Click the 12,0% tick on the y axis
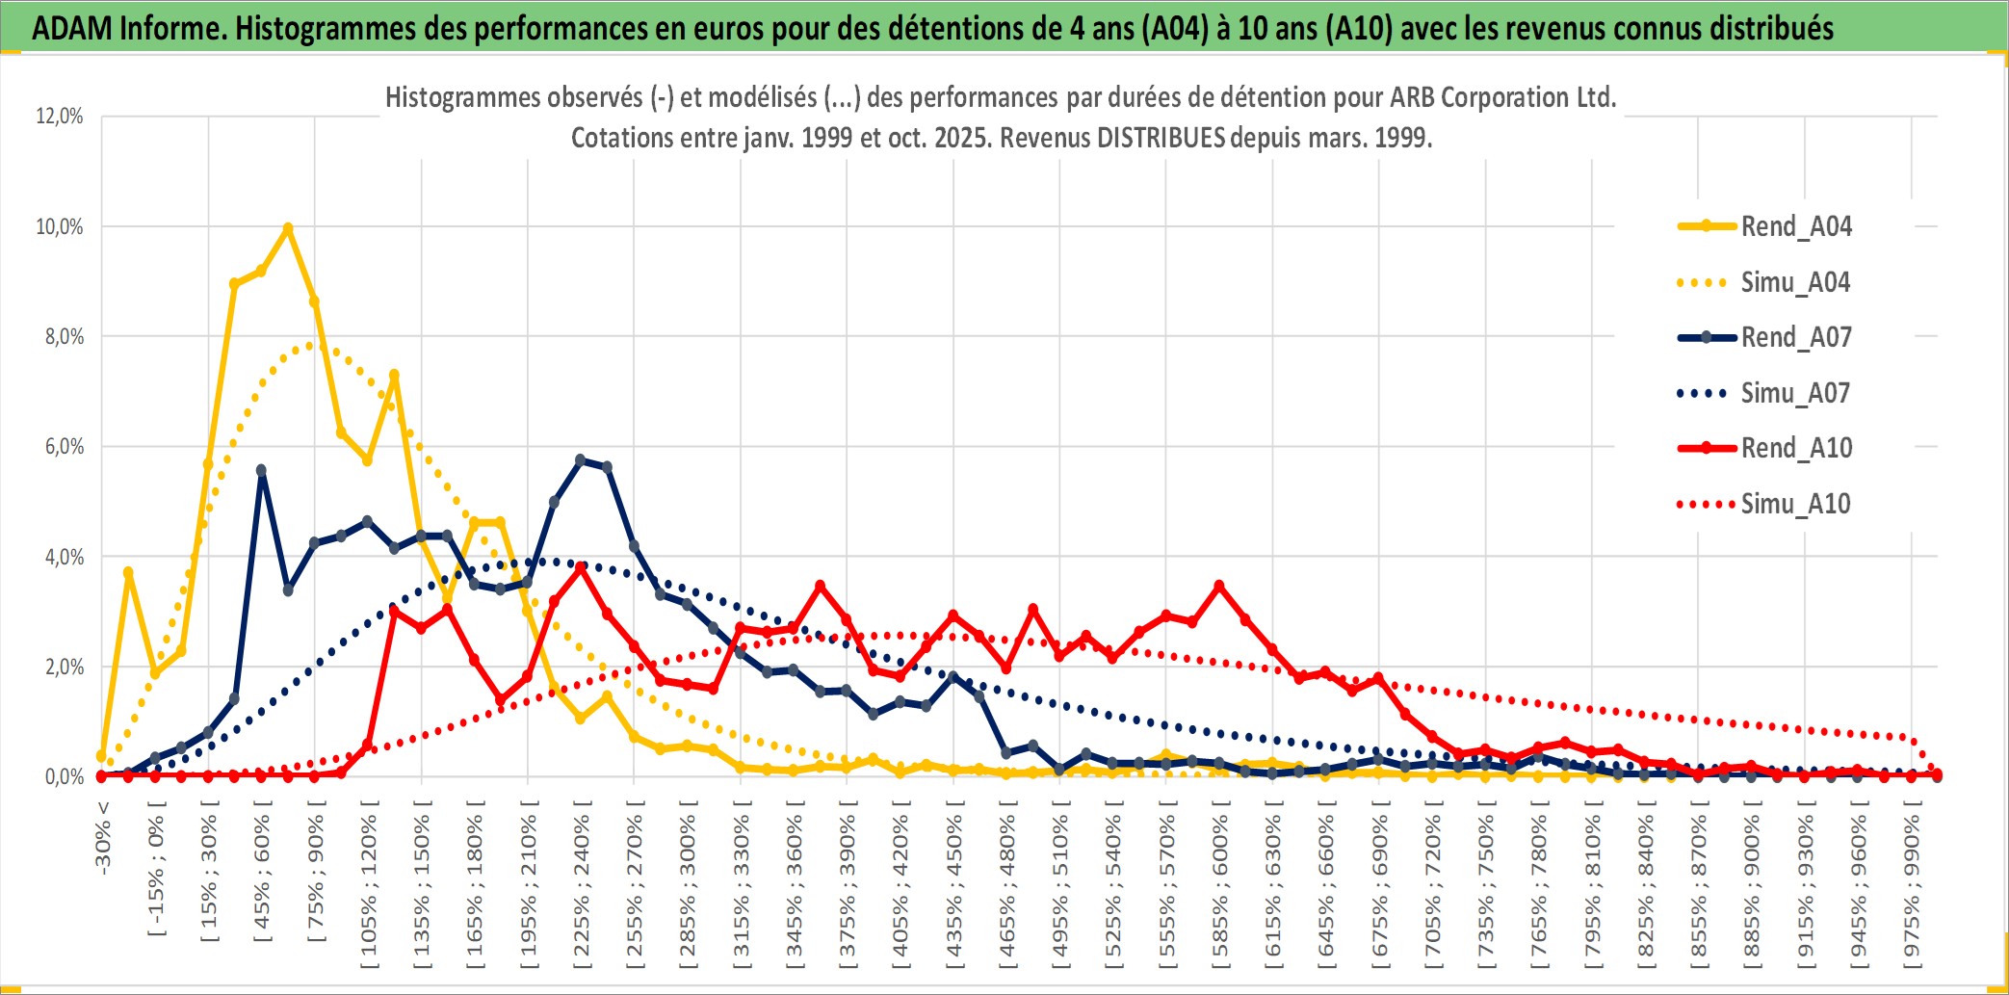[x=60, y=117]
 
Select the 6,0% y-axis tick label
[x=60, y=447]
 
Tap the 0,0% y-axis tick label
[x=64, y=777]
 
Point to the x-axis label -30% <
[x=103, y=838]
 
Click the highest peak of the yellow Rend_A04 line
[x=288, y=228]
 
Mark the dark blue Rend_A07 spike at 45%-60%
[x=261, y=470]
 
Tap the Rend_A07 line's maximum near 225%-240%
[x=580, y=460]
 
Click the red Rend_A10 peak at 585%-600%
[x=1219, y=586]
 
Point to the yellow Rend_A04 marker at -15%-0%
[x=128, y=573]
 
